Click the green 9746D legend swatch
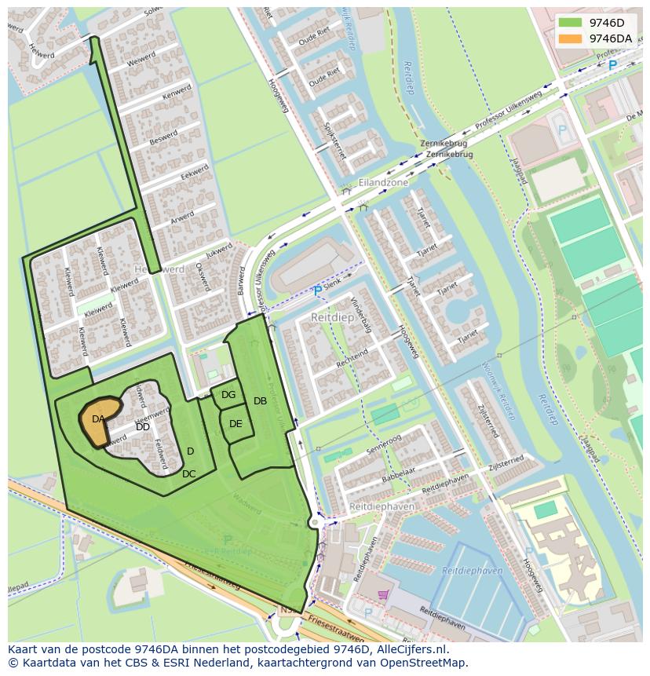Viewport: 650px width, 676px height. coord(570,23)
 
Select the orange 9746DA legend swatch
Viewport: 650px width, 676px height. coord(570,38)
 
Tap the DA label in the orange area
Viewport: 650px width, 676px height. coord(98,419)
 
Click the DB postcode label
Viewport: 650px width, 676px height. coord(260,401)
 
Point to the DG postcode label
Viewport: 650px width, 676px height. coord(228,395)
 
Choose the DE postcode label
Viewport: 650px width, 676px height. coord(236,424)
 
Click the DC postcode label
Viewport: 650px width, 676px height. coord(188,474)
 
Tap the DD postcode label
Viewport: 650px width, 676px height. coord(142,427)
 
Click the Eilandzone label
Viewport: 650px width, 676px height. coord(383,182)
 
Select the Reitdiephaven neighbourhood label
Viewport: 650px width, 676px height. coord(382,507)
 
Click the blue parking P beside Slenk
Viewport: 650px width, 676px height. coord(317,291)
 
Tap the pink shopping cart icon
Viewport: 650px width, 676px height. coord(382,596)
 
